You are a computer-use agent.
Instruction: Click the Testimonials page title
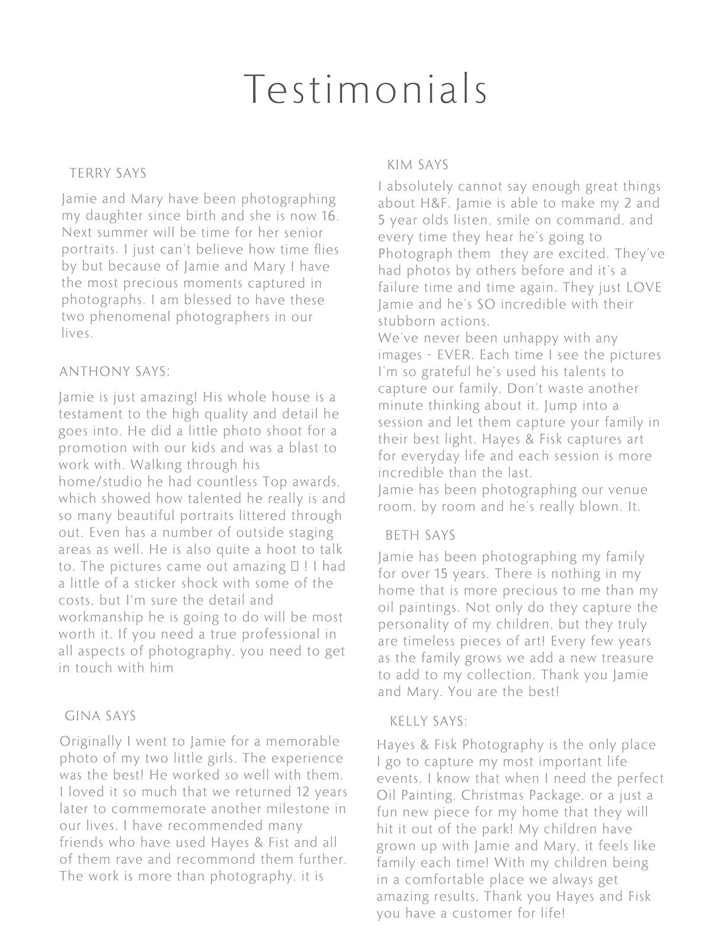(366, 89)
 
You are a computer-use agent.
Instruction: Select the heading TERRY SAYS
(108, 174)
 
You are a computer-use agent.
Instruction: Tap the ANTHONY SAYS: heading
(114, 372)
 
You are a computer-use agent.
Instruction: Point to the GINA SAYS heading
(100, 716)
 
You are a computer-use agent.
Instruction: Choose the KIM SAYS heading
(418, 165)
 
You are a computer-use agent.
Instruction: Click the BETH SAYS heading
(420, 536)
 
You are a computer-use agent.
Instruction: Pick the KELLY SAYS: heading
(428, 722)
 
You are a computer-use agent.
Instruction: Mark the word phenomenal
(124, 317)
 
